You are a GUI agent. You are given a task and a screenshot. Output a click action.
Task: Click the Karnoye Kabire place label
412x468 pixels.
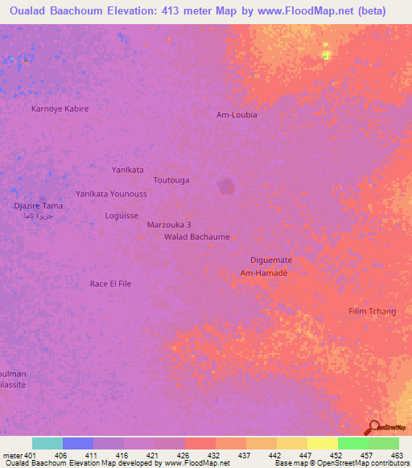click(60, 109)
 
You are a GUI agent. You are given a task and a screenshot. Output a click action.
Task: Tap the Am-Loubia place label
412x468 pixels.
click(237, 115)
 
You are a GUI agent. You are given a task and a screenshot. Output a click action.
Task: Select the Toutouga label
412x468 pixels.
click(171, 180)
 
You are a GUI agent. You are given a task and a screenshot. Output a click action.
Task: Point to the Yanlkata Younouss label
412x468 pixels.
click(111, 194)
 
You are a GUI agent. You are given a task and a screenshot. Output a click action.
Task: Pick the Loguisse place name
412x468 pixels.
click(122, 216)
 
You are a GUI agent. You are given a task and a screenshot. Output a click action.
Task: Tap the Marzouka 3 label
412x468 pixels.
click(170, 226)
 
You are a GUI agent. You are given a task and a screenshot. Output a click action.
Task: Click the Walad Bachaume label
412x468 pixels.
click(197, 237)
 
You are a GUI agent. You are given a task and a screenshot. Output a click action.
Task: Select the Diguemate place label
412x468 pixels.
click(271, 261)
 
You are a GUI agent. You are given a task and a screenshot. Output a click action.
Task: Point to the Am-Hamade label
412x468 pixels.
click(264, 273)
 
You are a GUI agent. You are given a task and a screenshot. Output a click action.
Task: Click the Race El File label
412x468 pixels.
click(110, 284)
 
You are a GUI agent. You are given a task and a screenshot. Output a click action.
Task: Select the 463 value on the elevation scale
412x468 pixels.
click(398, 454)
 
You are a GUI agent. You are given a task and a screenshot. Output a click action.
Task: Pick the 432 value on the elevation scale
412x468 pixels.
click(213, 454)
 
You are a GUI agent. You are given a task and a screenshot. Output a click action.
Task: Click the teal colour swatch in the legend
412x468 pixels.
click(47, 443)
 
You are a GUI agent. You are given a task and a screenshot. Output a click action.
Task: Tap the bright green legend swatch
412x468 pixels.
click(352, 443)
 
